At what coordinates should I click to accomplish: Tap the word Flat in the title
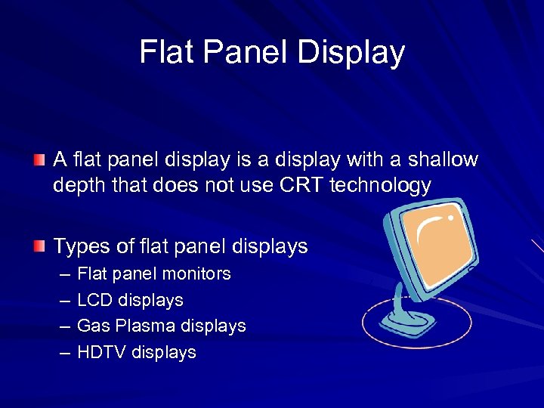[162, 52]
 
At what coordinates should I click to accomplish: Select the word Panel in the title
[243, 52]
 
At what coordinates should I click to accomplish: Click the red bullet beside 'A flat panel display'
[39, 159]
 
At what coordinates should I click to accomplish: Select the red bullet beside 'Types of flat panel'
[39, 246]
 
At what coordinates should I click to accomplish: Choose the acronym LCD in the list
[95, 300]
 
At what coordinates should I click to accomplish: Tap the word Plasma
[147, 326]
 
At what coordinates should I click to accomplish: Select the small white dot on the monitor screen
[451, 217]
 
